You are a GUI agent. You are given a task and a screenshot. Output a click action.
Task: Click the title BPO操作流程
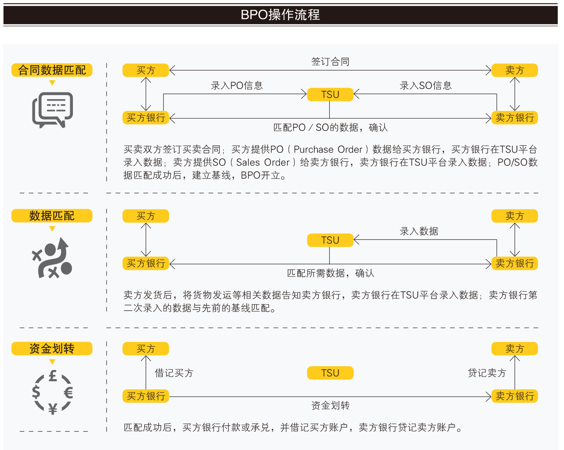click(x=280, y=15)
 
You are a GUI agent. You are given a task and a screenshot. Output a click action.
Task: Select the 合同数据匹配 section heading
click(x=52, y=70)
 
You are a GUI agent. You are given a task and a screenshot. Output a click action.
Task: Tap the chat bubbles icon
click(x=53, y=110)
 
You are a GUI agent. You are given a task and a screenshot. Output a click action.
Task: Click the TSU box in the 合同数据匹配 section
click(x=330, y=94)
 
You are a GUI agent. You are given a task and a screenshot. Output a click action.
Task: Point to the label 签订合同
click(x=330, y=61)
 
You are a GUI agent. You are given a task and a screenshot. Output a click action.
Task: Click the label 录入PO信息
click(x=237, y=85)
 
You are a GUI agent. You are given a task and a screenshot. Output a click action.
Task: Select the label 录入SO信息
click(x=426, y=85)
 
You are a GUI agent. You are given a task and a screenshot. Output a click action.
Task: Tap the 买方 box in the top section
click(x=146, y=70)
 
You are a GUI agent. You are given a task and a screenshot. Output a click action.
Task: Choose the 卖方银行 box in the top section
click(x=515, y=117)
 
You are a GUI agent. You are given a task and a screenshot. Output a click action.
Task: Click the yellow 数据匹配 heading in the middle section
click(x=52, y=216)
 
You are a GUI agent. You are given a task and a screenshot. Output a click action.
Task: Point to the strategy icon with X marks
click(x=53, y=258)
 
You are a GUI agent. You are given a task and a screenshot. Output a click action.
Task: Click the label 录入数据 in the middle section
click(x=419, y=231)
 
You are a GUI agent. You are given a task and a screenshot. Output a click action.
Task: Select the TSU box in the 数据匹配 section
click(x=330, y=240)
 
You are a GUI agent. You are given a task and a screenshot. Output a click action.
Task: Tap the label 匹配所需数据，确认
click(x=330, y=273)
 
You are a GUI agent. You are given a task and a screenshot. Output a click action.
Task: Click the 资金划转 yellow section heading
click(x=52, y=349)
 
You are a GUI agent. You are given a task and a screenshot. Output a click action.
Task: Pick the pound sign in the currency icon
click(x=53, y=376)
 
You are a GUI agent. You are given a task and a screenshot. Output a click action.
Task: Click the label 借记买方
click(x=174, y=373)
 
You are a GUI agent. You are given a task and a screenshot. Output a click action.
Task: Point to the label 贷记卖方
click(x=487, y=373)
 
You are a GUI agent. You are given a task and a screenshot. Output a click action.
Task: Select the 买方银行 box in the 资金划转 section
click(x=146, y=396)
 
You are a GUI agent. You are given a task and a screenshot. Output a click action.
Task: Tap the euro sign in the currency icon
click(x=68, y=392)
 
